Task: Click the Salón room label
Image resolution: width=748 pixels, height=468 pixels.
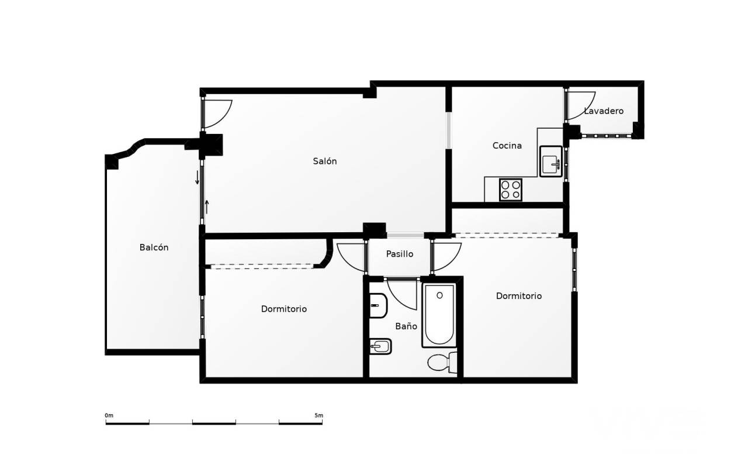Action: point(324,161)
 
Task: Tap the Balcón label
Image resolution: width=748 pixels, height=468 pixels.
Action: point(154,247)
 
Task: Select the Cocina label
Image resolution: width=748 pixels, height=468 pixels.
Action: point(507,146)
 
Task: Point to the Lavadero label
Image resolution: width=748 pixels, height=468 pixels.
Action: point(604,111)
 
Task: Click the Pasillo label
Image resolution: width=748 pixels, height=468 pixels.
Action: point(399,254)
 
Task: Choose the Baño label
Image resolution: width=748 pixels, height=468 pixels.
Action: point(406,326)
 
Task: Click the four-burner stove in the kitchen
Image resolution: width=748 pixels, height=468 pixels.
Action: point(511,190)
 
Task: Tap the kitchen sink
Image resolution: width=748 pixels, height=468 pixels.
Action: point(551,161)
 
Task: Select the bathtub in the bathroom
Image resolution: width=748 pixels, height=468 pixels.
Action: point(439,315)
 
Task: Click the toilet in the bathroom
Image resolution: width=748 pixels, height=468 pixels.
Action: point(443,363)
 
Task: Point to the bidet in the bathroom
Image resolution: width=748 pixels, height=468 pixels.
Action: point(380,347)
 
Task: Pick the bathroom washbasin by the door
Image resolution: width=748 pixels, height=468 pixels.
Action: point(378,305)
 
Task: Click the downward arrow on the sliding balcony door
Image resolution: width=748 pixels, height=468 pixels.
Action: point(197,177)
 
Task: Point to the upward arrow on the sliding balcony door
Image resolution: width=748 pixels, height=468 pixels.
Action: point(207,207)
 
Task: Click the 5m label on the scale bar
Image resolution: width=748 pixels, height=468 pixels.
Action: point(318,415)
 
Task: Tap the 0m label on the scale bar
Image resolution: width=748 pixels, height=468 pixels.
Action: point(109,415)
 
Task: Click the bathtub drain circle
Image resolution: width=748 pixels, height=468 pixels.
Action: point(439,295)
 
